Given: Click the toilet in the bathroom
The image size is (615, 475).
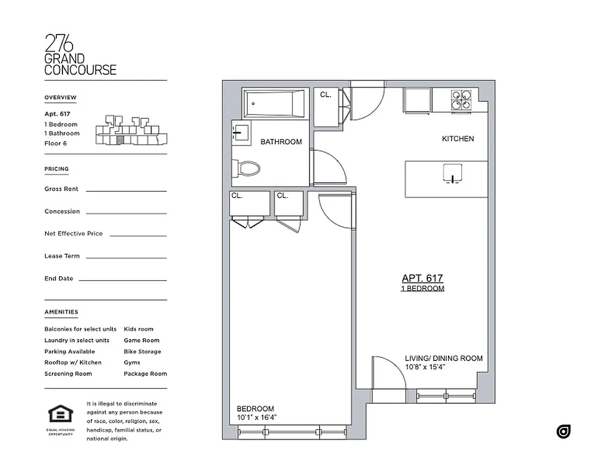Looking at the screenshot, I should coord(247,169).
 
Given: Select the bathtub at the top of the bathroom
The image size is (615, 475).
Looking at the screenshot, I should coord(274,104).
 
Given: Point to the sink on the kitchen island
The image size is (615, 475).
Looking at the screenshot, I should coord(452,173).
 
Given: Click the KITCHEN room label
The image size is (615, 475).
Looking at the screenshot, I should coord(458,139).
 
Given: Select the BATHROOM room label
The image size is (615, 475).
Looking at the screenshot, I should coord(281,142).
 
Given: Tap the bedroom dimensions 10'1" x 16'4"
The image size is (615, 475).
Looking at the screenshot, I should coord(257,417).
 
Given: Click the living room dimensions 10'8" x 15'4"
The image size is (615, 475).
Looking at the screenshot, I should coord(425,368).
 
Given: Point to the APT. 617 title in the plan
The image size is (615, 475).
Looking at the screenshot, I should coord(422,278).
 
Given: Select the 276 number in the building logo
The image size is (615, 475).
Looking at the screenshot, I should coord(59,43).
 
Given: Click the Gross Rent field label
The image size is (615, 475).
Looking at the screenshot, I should coord(61,189).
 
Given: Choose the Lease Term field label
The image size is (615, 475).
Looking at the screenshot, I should coord(62,256).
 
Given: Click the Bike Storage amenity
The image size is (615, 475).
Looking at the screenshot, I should coord(142,351).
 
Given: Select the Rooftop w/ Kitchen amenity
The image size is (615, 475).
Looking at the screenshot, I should coord(72,362).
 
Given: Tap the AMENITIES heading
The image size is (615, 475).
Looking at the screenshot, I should coord(61,312).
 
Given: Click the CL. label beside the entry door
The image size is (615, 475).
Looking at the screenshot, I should coord(326,94).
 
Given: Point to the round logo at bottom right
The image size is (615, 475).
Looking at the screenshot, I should coord(563,432).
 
